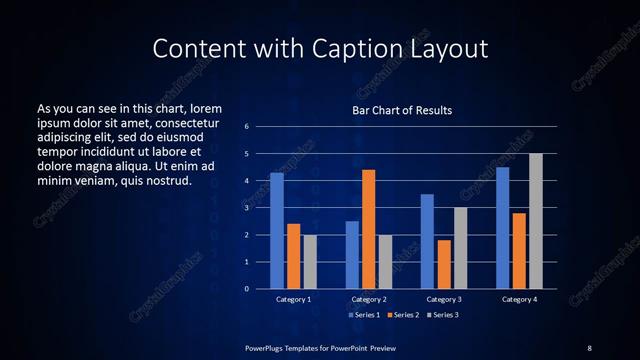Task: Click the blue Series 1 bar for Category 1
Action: coord(277,231)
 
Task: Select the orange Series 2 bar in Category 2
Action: coord(369,229)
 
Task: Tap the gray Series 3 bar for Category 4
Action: coord(536,221)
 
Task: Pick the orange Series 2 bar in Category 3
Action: coord(444,264)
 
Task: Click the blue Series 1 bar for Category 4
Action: coord(503,228)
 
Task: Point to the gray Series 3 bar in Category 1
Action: coord(310,262)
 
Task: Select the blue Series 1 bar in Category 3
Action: coord(427,241)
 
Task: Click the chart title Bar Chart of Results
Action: coord(402,110)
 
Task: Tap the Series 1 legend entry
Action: coord(362,315)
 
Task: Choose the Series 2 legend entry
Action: coord(403,315)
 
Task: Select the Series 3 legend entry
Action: coord(443,315)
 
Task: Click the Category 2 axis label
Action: coord(369,299)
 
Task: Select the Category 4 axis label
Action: coord(519,299)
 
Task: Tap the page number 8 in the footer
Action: coord(589,347)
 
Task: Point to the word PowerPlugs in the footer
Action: coord(267,347)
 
